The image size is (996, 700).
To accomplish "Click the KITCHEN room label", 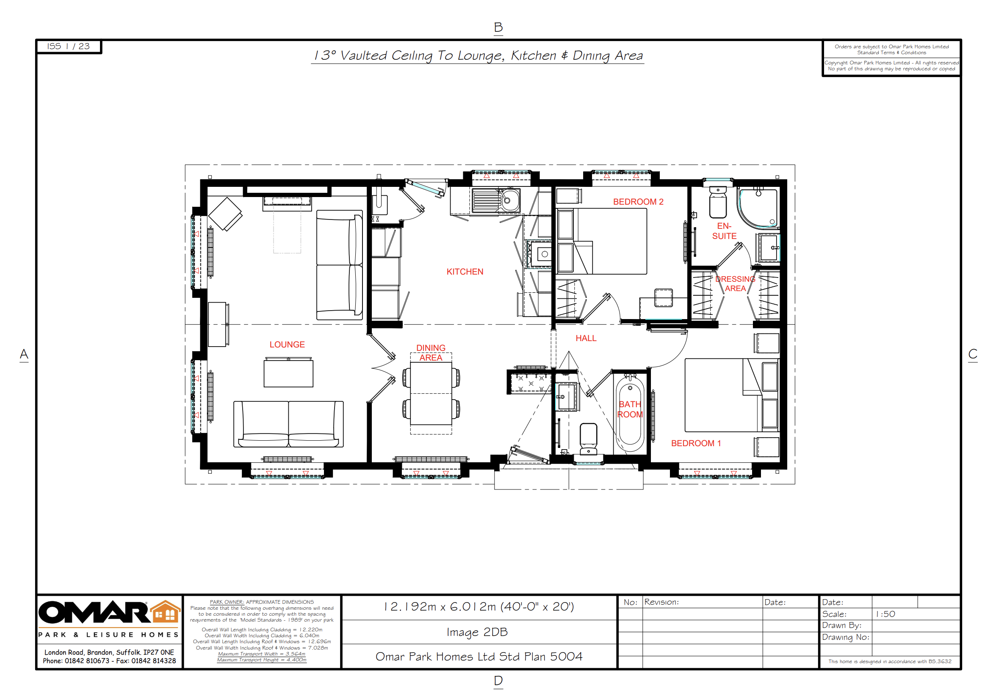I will (465, 272).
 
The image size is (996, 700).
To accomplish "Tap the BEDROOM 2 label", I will (638, 202).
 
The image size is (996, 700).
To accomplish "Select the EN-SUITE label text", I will (724, 231).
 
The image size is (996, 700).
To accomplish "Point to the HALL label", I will (586, 338).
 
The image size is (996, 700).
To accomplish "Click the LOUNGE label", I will (287, 344).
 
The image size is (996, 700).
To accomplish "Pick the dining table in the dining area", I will (431, 394).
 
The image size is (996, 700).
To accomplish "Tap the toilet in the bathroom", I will (588, 439).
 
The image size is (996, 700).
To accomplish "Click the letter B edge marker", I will (498, 28).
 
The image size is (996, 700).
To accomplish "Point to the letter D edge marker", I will (498, 680).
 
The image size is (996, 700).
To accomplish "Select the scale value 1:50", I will (885, 614).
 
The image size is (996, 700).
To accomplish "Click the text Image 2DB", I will (477, 632).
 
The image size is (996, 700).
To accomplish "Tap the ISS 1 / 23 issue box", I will (69, 47).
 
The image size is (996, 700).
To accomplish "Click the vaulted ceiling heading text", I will (477, 56).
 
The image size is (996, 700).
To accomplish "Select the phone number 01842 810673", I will (87, 661).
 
